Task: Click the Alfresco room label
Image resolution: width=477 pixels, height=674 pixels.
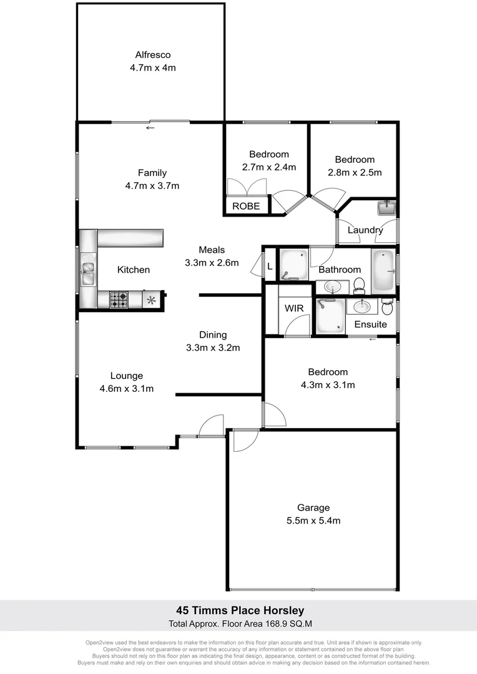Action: click(x=152, y=54)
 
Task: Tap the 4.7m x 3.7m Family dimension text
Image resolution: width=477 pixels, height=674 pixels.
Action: click(x=152, y=185)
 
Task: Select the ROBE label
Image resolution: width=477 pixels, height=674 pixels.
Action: click(x=246, y=206)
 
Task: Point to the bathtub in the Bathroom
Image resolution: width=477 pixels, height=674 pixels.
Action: click(x=384, y=271)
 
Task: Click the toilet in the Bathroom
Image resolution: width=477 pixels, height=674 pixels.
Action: click(x=359, y=286)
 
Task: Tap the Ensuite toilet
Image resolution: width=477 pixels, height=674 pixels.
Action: click(x=386, y=307)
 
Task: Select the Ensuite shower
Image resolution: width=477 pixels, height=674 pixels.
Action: click(x=330, y=316)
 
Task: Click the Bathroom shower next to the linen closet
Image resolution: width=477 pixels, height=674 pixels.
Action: click(x=293, y=264)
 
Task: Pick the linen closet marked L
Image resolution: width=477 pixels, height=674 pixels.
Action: click(x=269, y=265)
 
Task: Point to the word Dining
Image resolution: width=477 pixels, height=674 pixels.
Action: click(x=213, y=335)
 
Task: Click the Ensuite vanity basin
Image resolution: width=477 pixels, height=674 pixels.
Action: click(x=360, y=306)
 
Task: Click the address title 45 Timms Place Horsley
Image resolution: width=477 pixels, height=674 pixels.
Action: click(x=238, y=610)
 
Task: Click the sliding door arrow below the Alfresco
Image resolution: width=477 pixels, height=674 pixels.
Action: click(x=150, y=128)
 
